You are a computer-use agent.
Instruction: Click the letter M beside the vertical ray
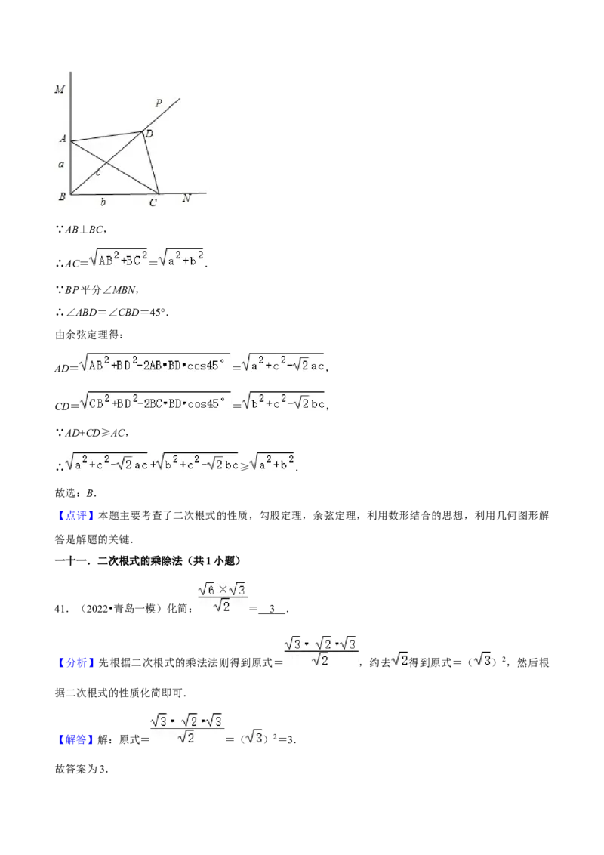tap(60, 89)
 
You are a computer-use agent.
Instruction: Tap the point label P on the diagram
tap(159, 103)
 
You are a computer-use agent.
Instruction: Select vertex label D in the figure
tap(149, 134)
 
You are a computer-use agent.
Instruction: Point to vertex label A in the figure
tap(63, 139)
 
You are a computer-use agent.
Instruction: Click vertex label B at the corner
tap(62, 196)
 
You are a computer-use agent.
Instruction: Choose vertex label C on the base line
tap(153, 203)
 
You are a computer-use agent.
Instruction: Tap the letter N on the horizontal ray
tap(186, 199)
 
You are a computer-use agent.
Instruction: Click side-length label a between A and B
tap(61, 164)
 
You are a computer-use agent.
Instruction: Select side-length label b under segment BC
tap(103, 202)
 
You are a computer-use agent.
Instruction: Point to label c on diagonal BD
tap(98, 173)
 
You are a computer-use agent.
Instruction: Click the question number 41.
tap(60, 609)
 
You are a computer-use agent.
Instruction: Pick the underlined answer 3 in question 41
tap(272, 609)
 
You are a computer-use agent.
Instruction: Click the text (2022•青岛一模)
tap(119, 609)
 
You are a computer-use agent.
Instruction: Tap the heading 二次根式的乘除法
tap(140, 561)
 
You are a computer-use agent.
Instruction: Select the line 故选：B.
tap(75, 493)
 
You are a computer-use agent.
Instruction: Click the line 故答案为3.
tap(82, 770)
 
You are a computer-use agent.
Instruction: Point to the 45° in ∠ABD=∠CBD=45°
tap(159, 313)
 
